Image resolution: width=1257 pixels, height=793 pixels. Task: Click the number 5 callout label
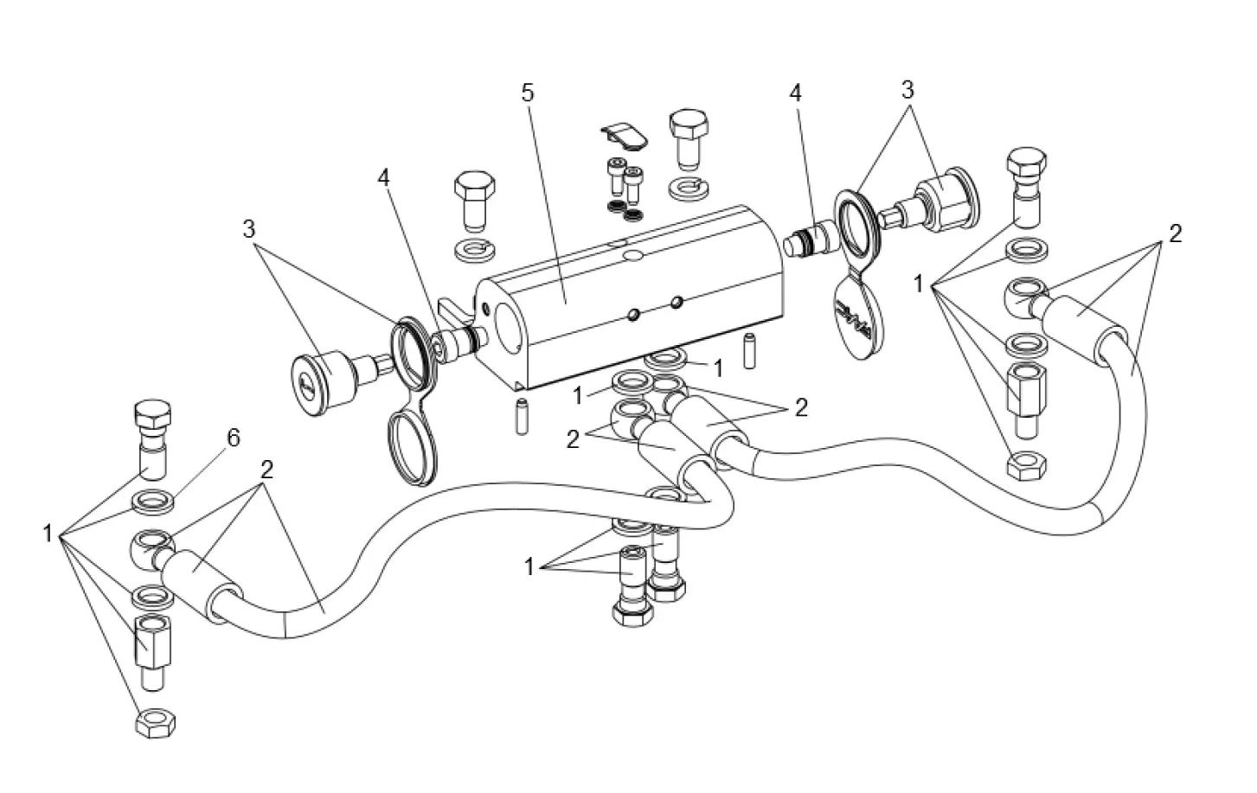pos(529,93)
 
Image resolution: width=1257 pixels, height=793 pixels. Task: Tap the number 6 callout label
pos(233,438)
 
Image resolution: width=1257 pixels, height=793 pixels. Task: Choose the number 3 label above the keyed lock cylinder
pos(249,230)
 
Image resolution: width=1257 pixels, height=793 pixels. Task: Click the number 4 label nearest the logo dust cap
pos(795,92)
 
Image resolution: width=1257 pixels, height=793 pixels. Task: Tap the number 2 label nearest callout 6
pos(266,470)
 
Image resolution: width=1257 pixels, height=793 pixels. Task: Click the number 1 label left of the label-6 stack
pos(48,534)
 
